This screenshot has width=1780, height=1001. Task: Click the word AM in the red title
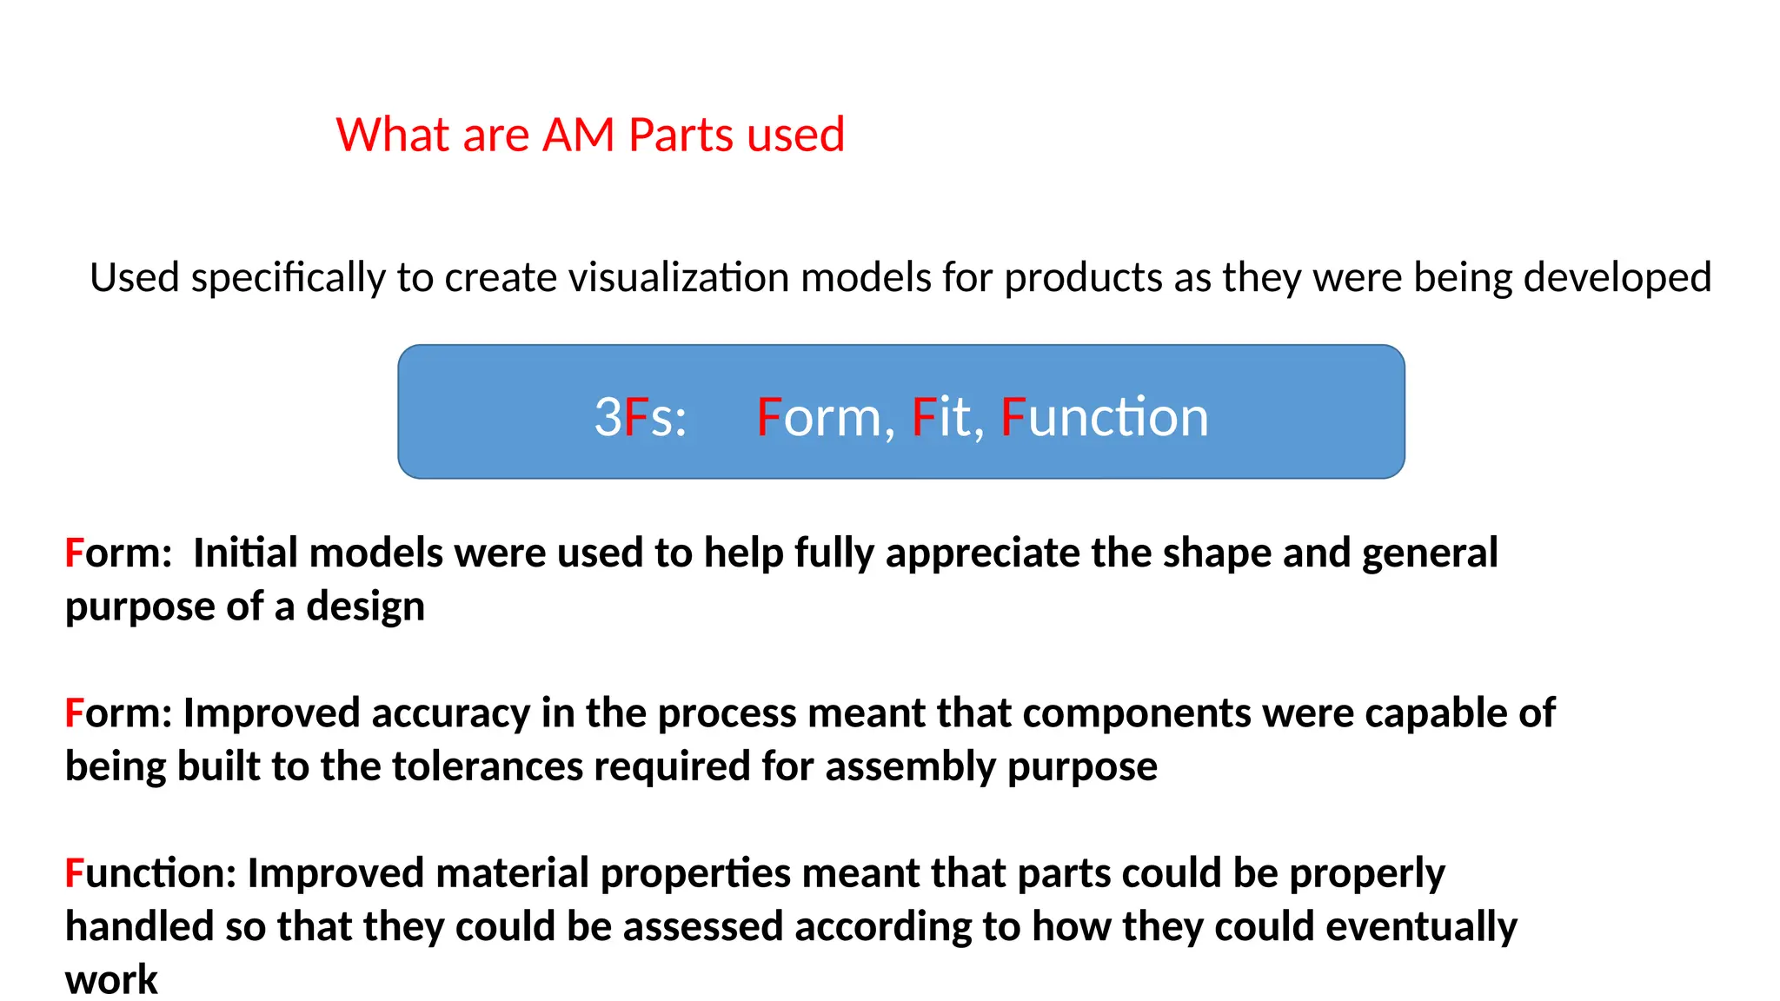coord(578,135)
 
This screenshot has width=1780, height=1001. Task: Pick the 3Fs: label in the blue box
coord(641,416)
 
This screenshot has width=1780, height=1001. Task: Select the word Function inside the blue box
coord(1104,416)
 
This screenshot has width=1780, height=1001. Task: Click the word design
coord(365,607)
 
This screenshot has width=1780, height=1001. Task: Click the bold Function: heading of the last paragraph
coord(150,873)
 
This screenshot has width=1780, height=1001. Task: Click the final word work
coord(111,980)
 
